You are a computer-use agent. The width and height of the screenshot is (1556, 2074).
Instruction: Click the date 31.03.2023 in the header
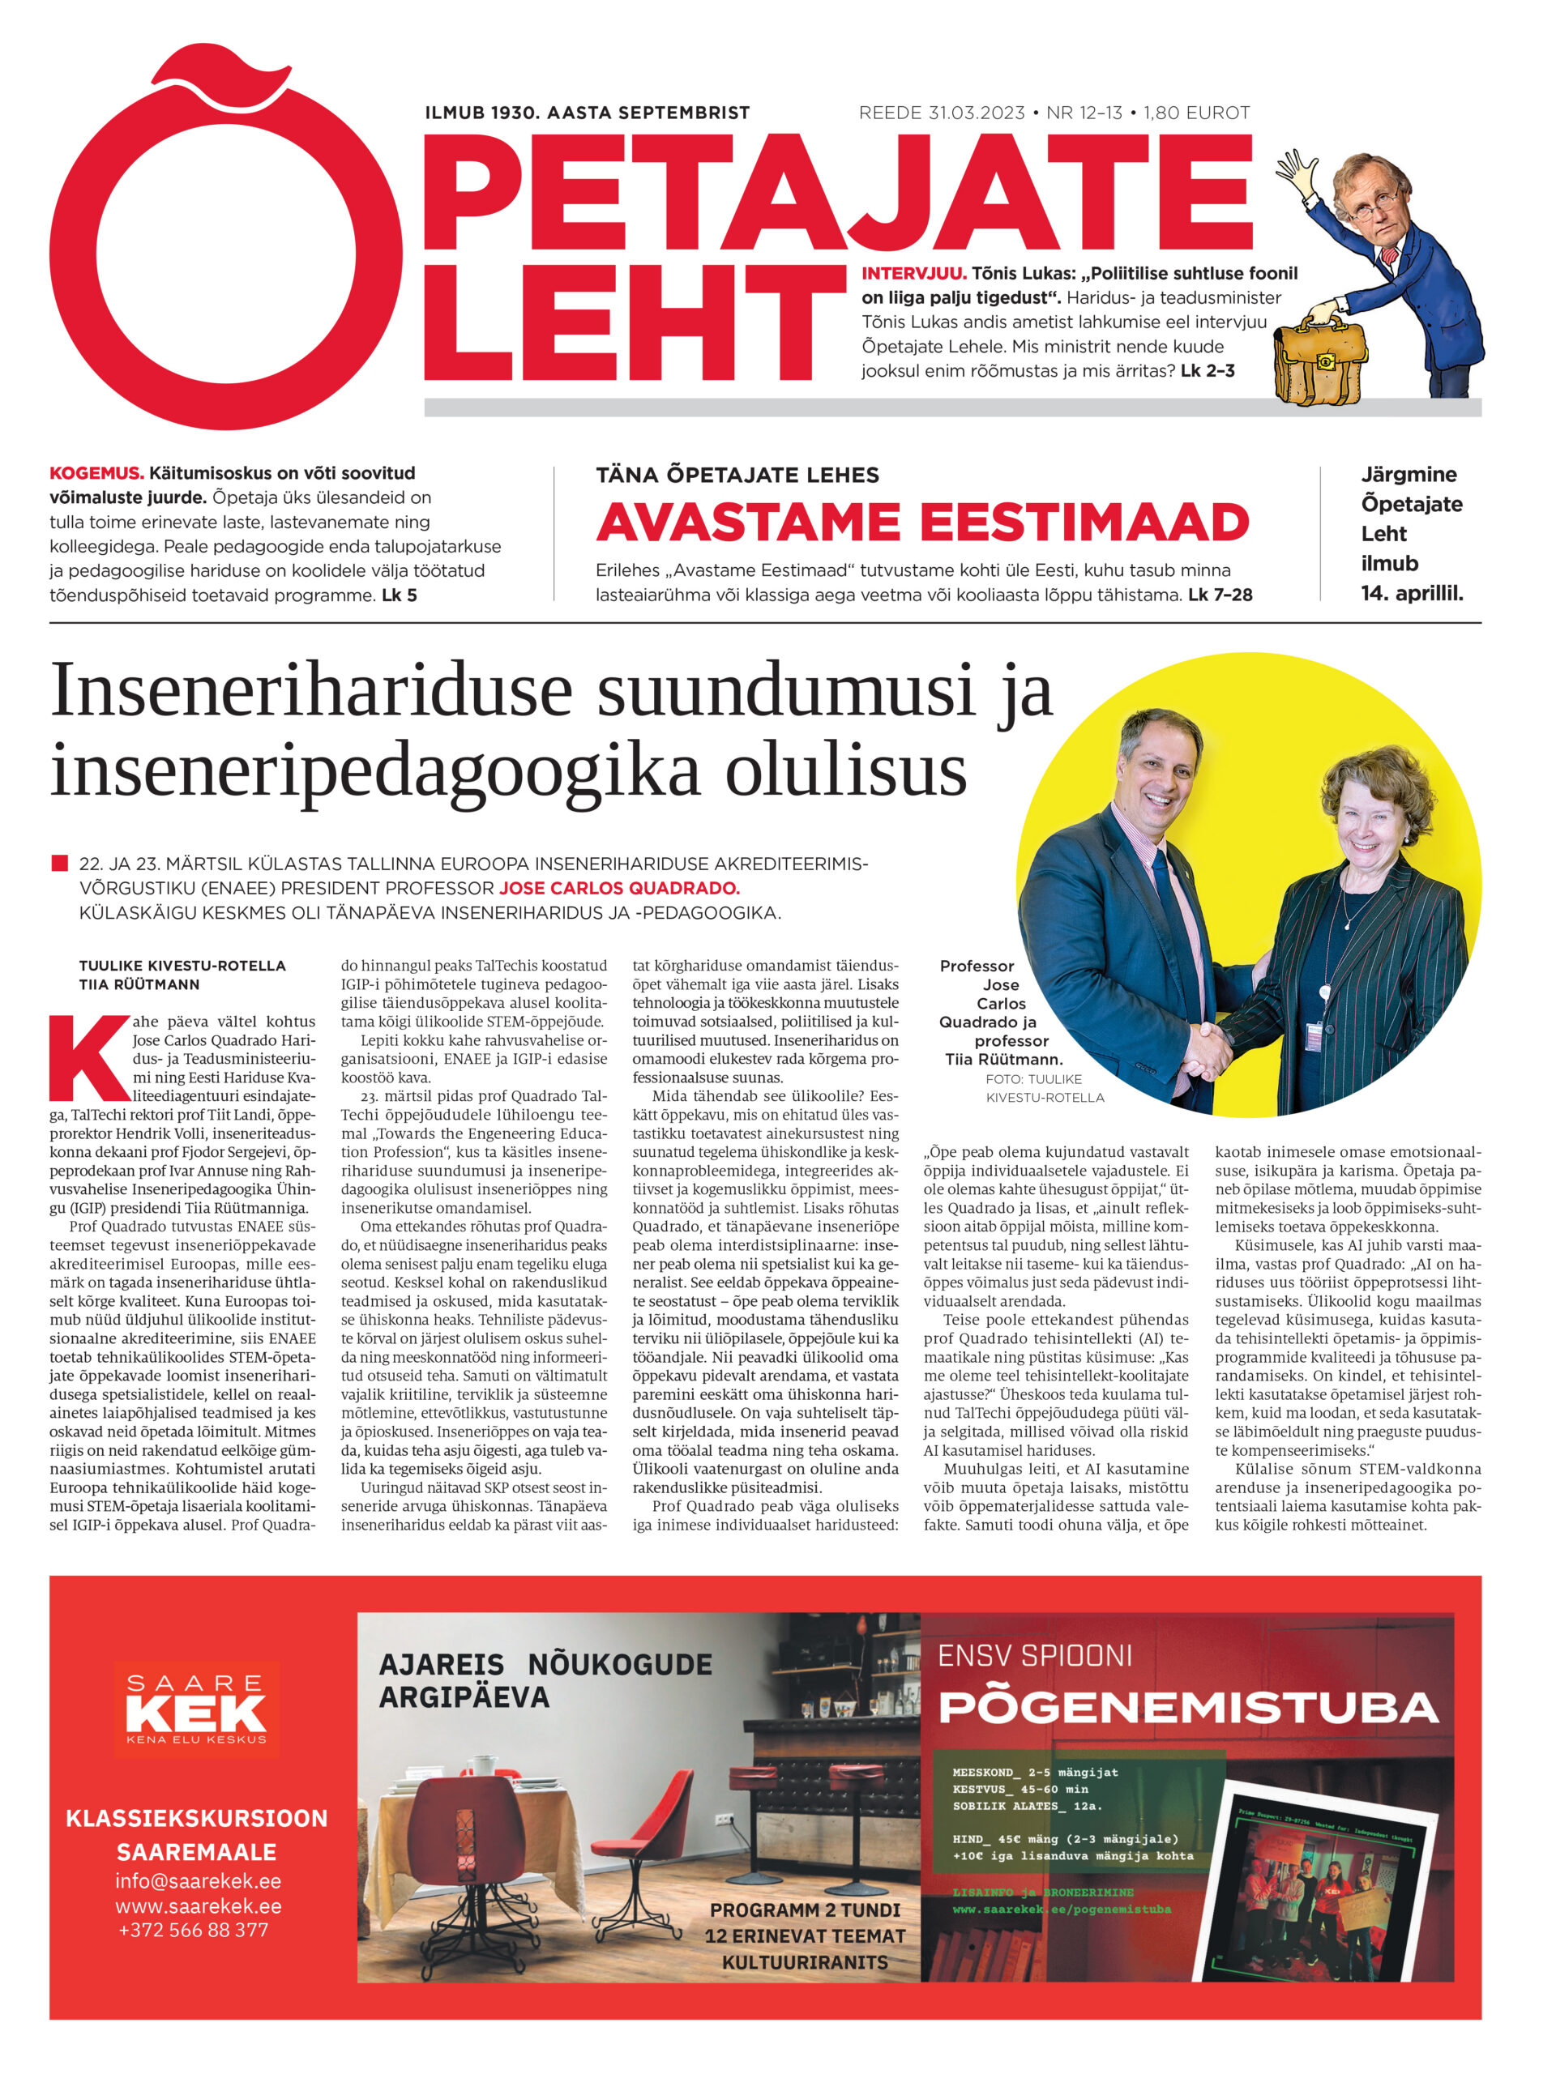point(977,113)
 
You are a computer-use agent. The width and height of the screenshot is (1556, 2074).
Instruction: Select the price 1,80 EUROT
point(1197,113)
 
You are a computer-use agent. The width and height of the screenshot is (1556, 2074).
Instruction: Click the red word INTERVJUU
point(913,274)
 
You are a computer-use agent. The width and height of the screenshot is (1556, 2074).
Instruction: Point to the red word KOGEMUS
point(96,473)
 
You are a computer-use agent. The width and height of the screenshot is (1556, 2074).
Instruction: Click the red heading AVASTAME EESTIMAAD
point(922,523)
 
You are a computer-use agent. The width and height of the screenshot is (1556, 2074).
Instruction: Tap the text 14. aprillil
point(1412,592)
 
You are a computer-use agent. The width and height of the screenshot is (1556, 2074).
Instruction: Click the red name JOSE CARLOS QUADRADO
point(619,888)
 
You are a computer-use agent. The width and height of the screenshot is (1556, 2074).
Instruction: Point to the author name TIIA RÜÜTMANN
point(139,984)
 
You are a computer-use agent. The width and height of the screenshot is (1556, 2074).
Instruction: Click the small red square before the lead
point(59,863)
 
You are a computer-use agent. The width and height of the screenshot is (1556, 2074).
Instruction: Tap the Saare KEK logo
point(196,1709)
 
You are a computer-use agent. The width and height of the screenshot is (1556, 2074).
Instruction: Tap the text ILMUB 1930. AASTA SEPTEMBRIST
point(587,113)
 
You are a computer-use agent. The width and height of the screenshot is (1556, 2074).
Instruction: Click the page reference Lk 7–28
point(1220,595)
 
